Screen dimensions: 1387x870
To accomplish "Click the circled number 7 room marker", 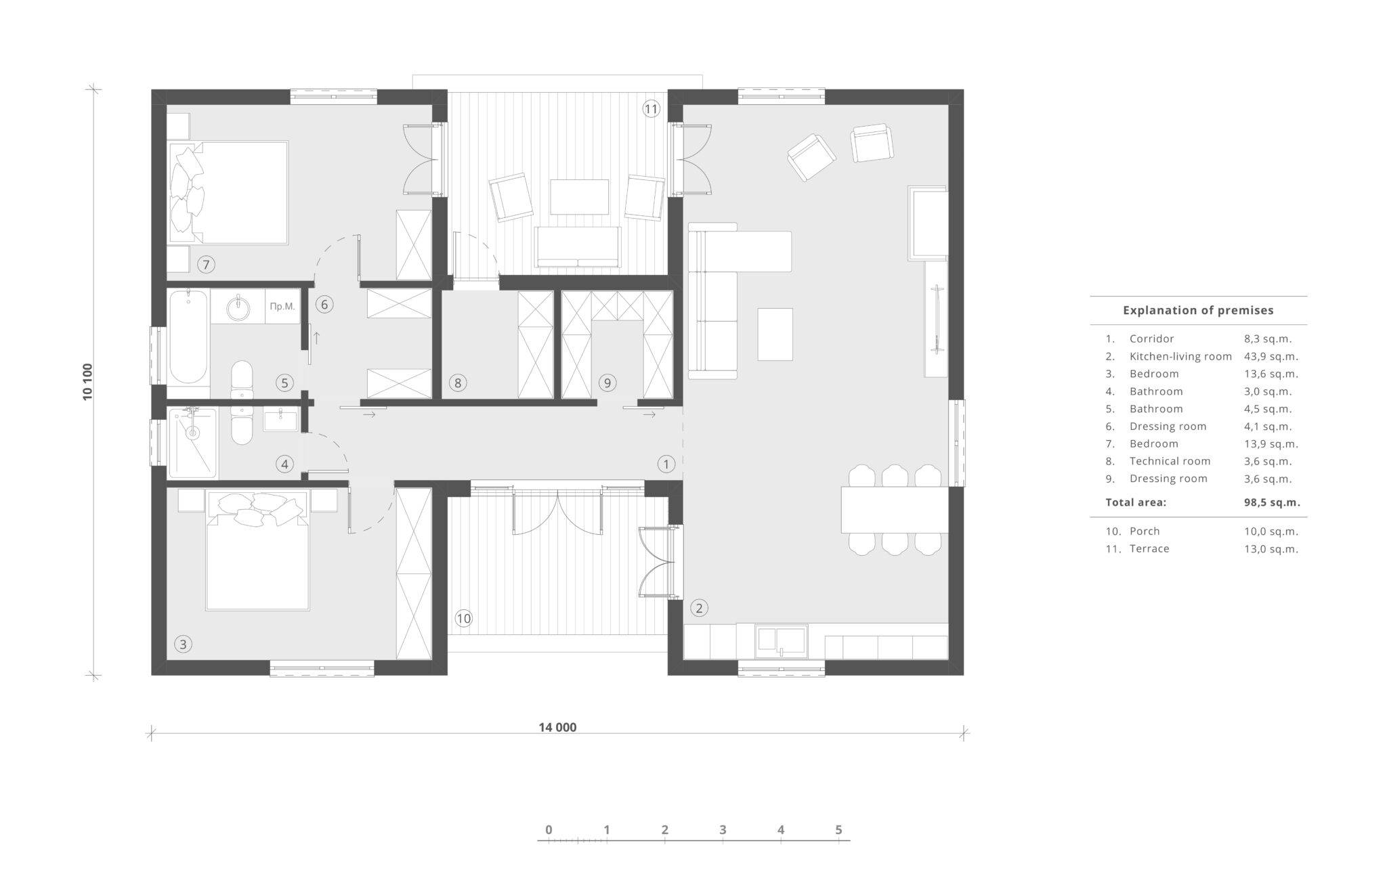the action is (x=206, y=264).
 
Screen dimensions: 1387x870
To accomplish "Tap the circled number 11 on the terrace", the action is (x=651, y=109).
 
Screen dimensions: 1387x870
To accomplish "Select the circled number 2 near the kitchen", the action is (x=699, y=607).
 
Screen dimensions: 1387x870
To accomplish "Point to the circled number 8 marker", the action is (x=458, y=383).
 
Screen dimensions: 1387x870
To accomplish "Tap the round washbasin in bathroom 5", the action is (x=238, y=307).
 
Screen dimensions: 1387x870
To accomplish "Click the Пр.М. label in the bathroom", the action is (x=282, y=306).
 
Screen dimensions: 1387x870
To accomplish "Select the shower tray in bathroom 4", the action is (x=193, y=443).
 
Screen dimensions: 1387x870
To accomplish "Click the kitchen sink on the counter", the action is (x=782, y=640).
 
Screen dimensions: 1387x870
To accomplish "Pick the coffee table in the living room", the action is (x=775, y=334).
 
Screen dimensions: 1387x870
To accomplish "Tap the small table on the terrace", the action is (x=579, y=196).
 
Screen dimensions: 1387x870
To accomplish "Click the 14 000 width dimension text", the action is (x=557, y=728).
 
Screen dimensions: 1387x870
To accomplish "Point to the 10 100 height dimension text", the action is (x=87, y=382).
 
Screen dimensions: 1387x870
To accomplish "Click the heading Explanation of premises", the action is (x=1198, y=310).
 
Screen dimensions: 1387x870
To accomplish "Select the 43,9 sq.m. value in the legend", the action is (x=1271, y=356).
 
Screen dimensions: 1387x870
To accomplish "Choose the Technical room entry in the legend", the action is (x=1170, y=461).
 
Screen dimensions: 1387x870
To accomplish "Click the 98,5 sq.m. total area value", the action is (x=1272, y=502).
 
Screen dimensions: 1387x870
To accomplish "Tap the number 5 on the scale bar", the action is (x=838, y=829).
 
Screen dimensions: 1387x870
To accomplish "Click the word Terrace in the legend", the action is (x=1149, y=548).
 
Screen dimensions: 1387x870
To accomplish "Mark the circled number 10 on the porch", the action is (x=463, y=618).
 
